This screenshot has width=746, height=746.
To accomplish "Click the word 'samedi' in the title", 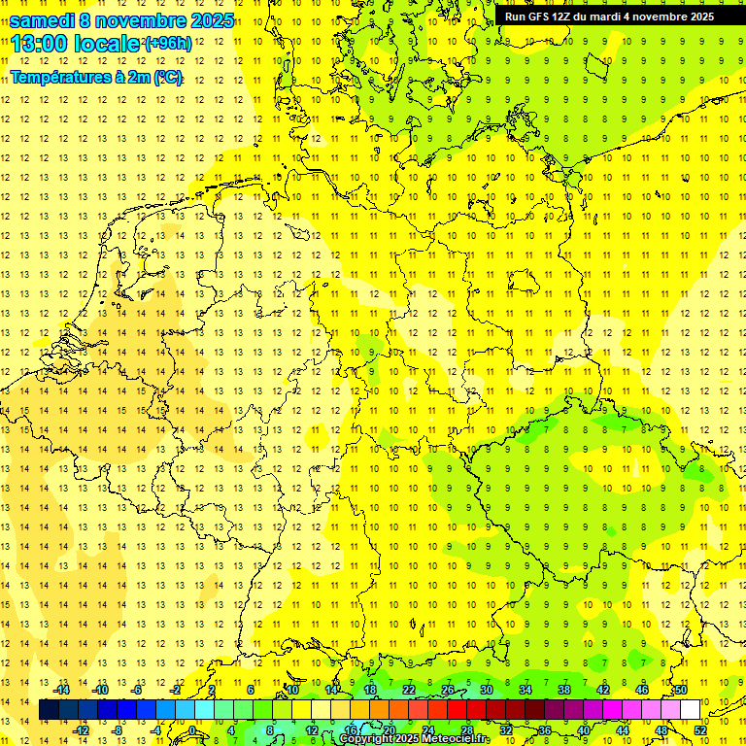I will coord(44,20).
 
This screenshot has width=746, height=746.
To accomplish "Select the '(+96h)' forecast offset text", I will coord(168,44).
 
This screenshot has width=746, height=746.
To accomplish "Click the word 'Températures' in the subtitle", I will coord(59,77).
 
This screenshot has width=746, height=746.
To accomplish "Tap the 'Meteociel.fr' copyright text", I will coord(456,739).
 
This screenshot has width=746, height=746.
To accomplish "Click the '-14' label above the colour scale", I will coord(62,690).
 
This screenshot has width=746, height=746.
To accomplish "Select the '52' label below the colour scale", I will coord(700,729).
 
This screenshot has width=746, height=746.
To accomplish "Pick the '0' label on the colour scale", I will coord(192,729).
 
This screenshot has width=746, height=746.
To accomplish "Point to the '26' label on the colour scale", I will coord(448,690).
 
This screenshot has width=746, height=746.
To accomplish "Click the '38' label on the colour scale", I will coord(564,690).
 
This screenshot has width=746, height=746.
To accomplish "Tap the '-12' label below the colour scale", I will coord(81,729).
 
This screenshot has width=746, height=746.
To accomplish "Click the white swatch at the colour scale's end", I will coord(690,709).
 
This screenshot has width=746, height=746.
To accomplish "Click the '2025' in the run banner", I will coord(697,17).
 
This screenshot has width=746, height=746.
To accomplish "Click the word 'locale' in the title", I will coord(107,44).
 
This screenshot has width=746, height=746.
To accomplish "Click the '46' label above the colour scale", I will coord(642,690).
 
